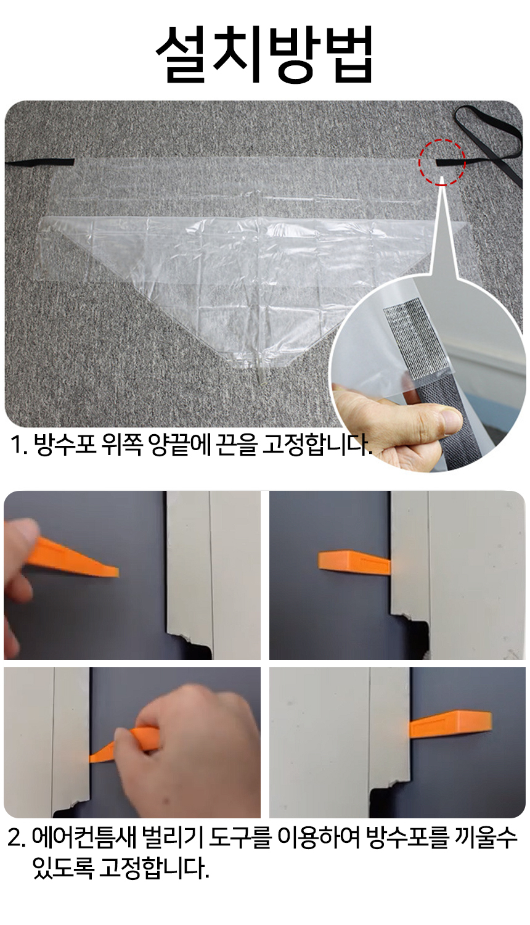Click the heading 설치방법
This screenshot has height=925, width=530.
click(x=264, y=54)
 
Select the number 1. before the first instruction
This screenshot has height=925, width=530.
click(x=18, y=445)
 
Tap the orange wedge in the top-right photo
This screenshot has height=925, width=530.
click(x=354, y=561)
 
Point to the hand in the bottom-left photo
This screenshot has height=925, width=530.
click(x=185, y=747)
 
